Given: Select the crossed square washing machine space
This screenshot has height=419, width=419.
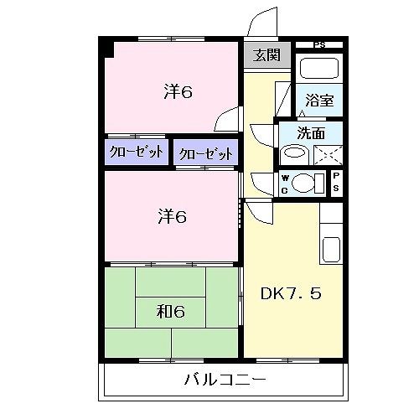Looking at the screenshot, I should [328, 154].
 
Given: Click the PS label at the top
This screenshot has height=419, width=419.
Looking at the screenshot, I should [318, 44].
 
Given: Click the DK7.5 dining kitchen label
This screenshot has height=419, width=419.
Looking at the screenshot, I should [290, 294].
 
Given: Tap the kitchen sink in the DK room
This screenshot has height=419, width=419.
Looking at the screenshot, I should [331, 249].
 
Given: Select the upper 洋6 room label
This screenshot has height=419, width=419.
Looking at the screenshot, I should [178, 92].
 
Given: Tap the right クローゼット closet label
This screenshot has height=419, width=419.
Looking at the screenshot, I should [205, 153].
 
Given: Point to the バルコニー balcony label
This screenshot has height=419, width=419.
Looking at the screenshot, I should [225, 380].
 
